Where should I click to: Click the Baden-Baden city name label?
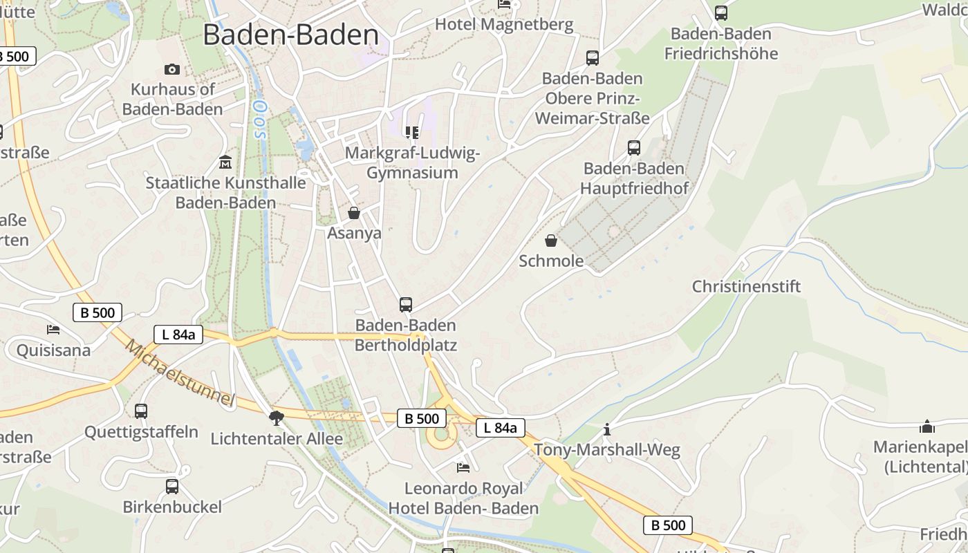click(x=290, y=35)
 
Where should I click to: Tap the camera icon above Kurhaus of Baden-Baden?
click(x=172, y=69)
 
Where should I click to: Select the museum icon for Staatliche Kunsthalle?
click(x=225, y=162)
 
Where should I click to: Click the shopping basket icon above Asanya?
click(x=354, y=213)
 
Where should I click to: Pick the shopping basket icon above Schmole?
click(x=551, y=241)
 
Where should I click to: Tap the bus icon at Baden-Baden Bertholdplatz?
click(x=406, y=304)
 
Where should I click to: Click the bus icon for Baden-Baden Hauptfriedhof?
click(x=634, y=147)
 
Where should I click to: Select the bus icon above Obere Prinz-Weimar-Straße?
click(x=593, y=57)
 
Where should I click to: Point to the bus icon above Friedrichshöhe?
click(x=721, y=12)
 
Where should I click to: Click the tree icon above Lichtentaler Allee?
click(x=277, y=418)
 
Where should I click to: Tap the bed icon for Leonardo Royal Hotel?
click(x=463, y=468)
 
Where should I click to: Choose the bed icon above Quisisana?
click(x=53, y=329)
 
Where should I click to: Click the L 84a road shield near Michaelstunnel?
click(x=178, y=335)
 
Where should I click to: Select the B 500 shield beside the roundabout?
click(x=422, y=418)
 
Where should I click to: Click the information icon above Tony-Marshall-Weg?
click(x=607, y=429)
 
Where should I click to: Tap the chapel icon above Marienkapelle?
click(x=927, y=427)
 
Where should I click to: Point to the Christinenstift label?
click(x=746, y=286)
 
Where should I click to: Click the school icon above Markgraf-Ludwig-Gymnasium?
click(x=412, y=132)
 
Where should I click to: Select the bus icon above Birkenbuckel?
click(x=172, y=487)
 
